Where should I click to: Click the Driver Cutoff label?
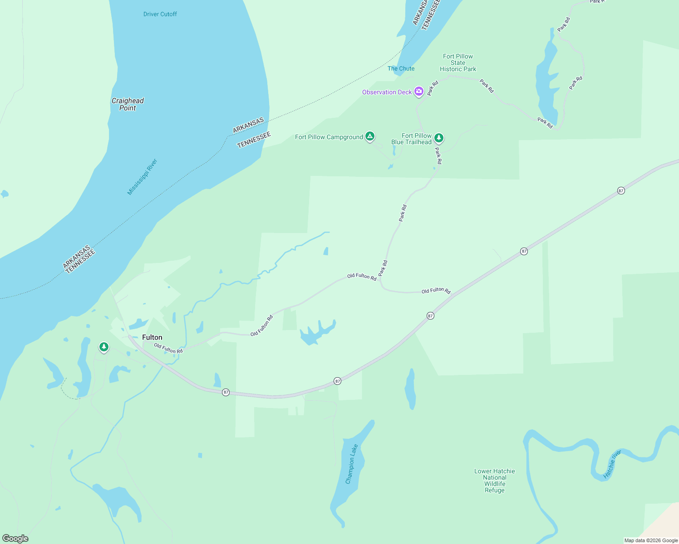pyautogui.click(x=160, y=14)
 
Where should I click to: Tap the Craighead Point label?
pyautogui.click(x=128, y=104)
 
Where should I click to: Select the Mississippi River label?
pyautogui.click(x=142, y=177)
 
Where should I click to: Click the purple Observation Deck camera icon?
pyautogui.click(x=418, y=92)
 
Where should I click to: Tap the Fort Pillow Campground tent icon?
pyautogui.click(x=370, y=136)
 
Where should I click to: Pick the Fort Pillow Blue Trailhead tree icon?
pyautogui.click(x=438, y=138)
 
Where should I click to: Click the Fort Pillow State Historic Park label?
pyautogui.click(x=458, y=63)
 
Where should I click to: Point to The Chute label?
pyautogui.click(x=401, y=68)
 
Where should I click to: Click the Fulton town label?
pyautogui.click(x=152, y=337)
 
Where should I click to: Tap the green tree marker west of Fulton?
pyautogui.click(x=104, y=347)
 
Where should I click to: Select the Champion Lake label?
pyautogui.click(x=352, y=464)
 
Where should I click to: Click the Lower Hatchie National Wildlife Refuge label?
pyautogui.click(x=494, y=481)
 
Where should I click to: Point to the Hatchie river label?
pyautogui.click(x=612, y=465)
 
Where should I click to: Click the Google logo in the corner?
pyautogui.click(x=15, y=539)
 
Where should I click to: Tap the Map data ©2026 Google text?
pyautogui.click(x=651, y=540)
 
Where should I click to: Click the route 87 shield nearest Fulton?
pyautogui.click(x=226, y=392)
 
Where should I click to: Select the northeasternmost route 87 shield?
pyautogui.click(x=621, y=191)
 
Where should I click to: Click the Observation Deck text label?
pyautogui.click(x=387, y=92)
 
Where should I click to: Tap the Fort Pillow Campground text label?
pyautogui.click(x=329, y=137)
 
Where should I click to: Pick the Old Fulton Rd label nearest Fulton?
pyautogui.click(x=168, y=349)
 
